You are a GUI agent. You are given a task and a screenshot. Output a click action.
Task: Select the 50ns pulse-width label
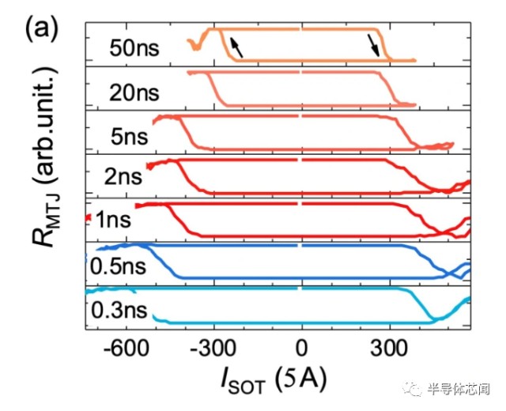click(x=135, y=49)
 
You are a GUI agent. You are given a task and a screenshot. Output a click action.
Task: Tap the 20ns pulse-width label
click(x=135, y=92)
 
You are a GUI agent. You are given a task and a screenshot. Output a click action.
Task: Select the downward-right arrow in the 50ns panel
click(x=373, y=46)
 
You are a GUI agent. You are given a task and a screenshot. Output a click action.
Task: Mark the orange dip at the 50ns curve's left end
click(x=195, y=47)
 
